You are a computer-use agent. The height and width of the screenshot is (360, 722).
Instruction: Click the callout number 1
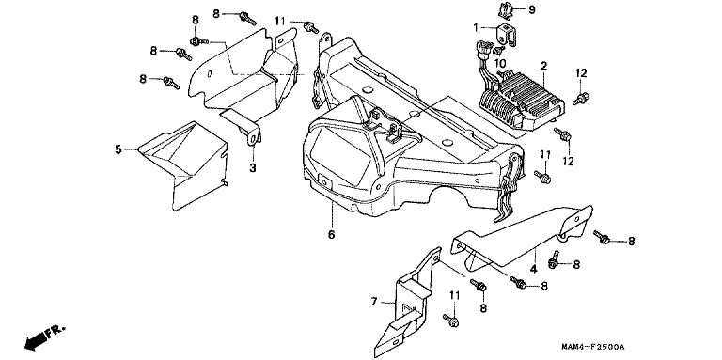[476, 27]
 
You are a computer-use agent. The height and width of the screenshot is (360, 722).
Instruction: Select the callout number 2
[543, 67]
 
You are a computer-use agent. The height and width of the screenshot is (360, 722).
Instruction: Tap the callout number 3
[253, 168]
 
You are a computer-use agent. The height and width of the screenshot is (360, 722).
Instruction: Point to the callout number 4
[533, 269]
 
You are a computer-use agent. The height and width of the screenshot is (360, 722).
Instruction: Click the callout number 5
[118, 149]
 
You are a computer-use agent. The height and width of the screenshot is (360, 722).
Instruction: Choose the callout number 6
[331, 234]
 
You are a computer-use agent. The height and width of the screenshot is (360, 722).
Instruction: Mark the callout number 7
[374, 302]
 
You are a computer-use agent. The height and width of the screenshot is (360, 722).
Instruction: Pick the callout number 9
[532, 9]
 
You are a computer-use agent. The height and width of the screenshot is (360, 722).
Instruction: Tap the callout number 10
[500, 62]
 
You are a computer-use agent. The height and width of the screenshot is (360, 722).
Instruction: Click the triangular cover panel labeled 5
[183, 165]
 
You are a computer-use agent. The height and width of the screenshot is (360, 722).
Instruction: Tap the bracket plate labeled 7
[407, 304]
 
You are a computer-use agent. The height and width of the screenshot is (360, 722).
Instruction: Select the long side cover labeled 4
[520, 240]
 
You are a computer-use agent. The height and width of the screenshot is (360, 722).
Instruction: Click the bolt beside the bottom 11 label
[450, 320]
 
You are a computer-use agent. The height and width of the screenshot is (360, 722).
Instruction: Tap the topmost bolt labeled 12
[581, 99]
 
